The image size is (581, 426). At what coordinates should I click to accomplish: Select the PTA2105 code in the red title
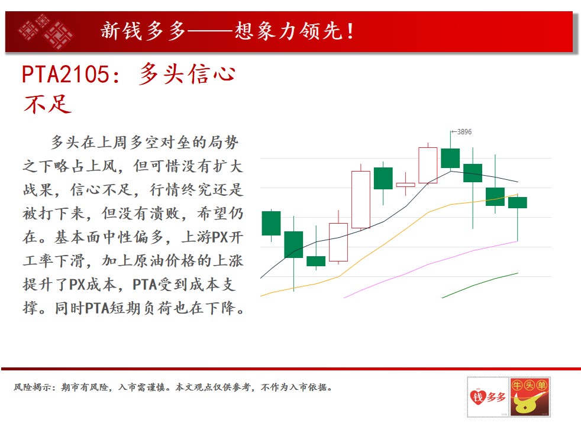coord(66,74)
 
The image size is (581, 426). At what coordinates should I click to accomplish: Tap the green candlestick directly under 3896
coord(450,158)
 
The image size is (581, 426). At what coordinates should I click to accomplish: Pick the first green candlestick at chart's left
coord(271,224)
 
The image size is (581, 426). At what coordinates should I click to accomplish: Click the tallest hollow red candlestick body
coord(360,199)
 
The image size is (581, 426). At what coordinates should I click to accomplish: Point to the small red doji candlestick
coord(405,185)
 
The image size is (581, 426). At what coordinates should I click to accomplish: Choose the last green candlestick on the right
coord(517,202)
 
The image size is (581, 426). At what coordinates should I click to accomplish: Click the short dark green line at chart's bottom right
coord(480,285)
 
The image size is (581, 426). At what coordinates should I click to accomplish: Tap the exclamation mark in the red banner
coord(350,31)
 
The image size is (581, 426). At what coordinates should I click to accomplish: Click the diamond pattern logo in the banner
coord(45,31)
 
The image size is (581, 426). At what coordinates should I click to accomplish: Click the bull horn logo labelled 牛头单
coord(530,397)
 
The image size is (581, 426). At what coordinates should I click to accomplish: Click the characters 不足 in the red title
coord(47,104)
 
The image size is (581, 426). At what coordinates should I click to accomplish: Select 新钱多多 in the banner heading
coord(143,31)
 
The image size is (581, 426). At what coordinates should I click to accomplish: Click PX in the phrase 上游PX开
coord(219,237)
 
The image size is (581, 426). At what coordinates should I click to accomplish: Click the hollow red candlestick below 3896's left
coord(428,165)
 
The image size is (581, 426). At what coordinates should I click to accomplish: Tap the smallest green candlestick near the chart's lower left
coord(316,261)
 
